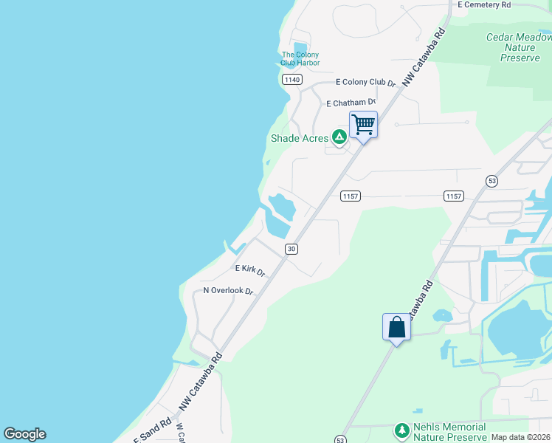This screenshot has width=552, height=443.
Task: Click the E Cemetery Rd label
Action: (x=484, y=4)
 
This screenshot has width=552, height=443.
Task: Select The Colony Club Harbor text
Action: (x=300, y=58)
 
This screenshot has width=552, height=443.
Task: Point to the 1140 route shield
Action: (x=291, y=79)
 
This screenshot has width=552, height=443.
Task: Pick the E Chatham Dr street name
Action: (x=351, y=103)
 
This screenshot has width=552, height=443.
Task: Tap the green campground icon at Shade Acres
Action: (x=339, y=137)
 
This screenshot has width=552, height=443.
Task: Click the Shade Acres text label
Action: (x=299, y=138)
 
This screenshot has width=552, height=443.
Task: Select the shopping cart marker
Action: (x=363, y=124)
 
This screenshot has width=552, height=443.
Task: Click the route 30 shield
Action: (x=291, y=249)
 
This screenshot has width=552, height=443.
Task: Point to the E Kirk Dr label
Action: (x=249, y=270)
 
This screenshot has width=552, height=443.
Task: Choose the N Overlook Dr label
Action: (x=228, y=291)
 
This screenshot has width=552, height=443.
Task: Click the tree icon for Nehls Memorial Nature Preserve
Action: (x=401, y=430)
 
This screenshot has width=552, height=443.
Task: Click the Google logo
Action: (x=24, y=434)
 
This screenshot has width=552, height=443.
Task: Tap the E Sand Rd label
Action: (x=152, y=433)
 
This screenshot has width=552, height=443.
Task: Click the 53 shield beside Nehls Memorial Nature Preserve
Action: (x=340, y=439)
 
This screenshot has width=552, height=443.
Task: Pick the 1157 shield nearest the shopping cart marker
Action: (x=350, y=196)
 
